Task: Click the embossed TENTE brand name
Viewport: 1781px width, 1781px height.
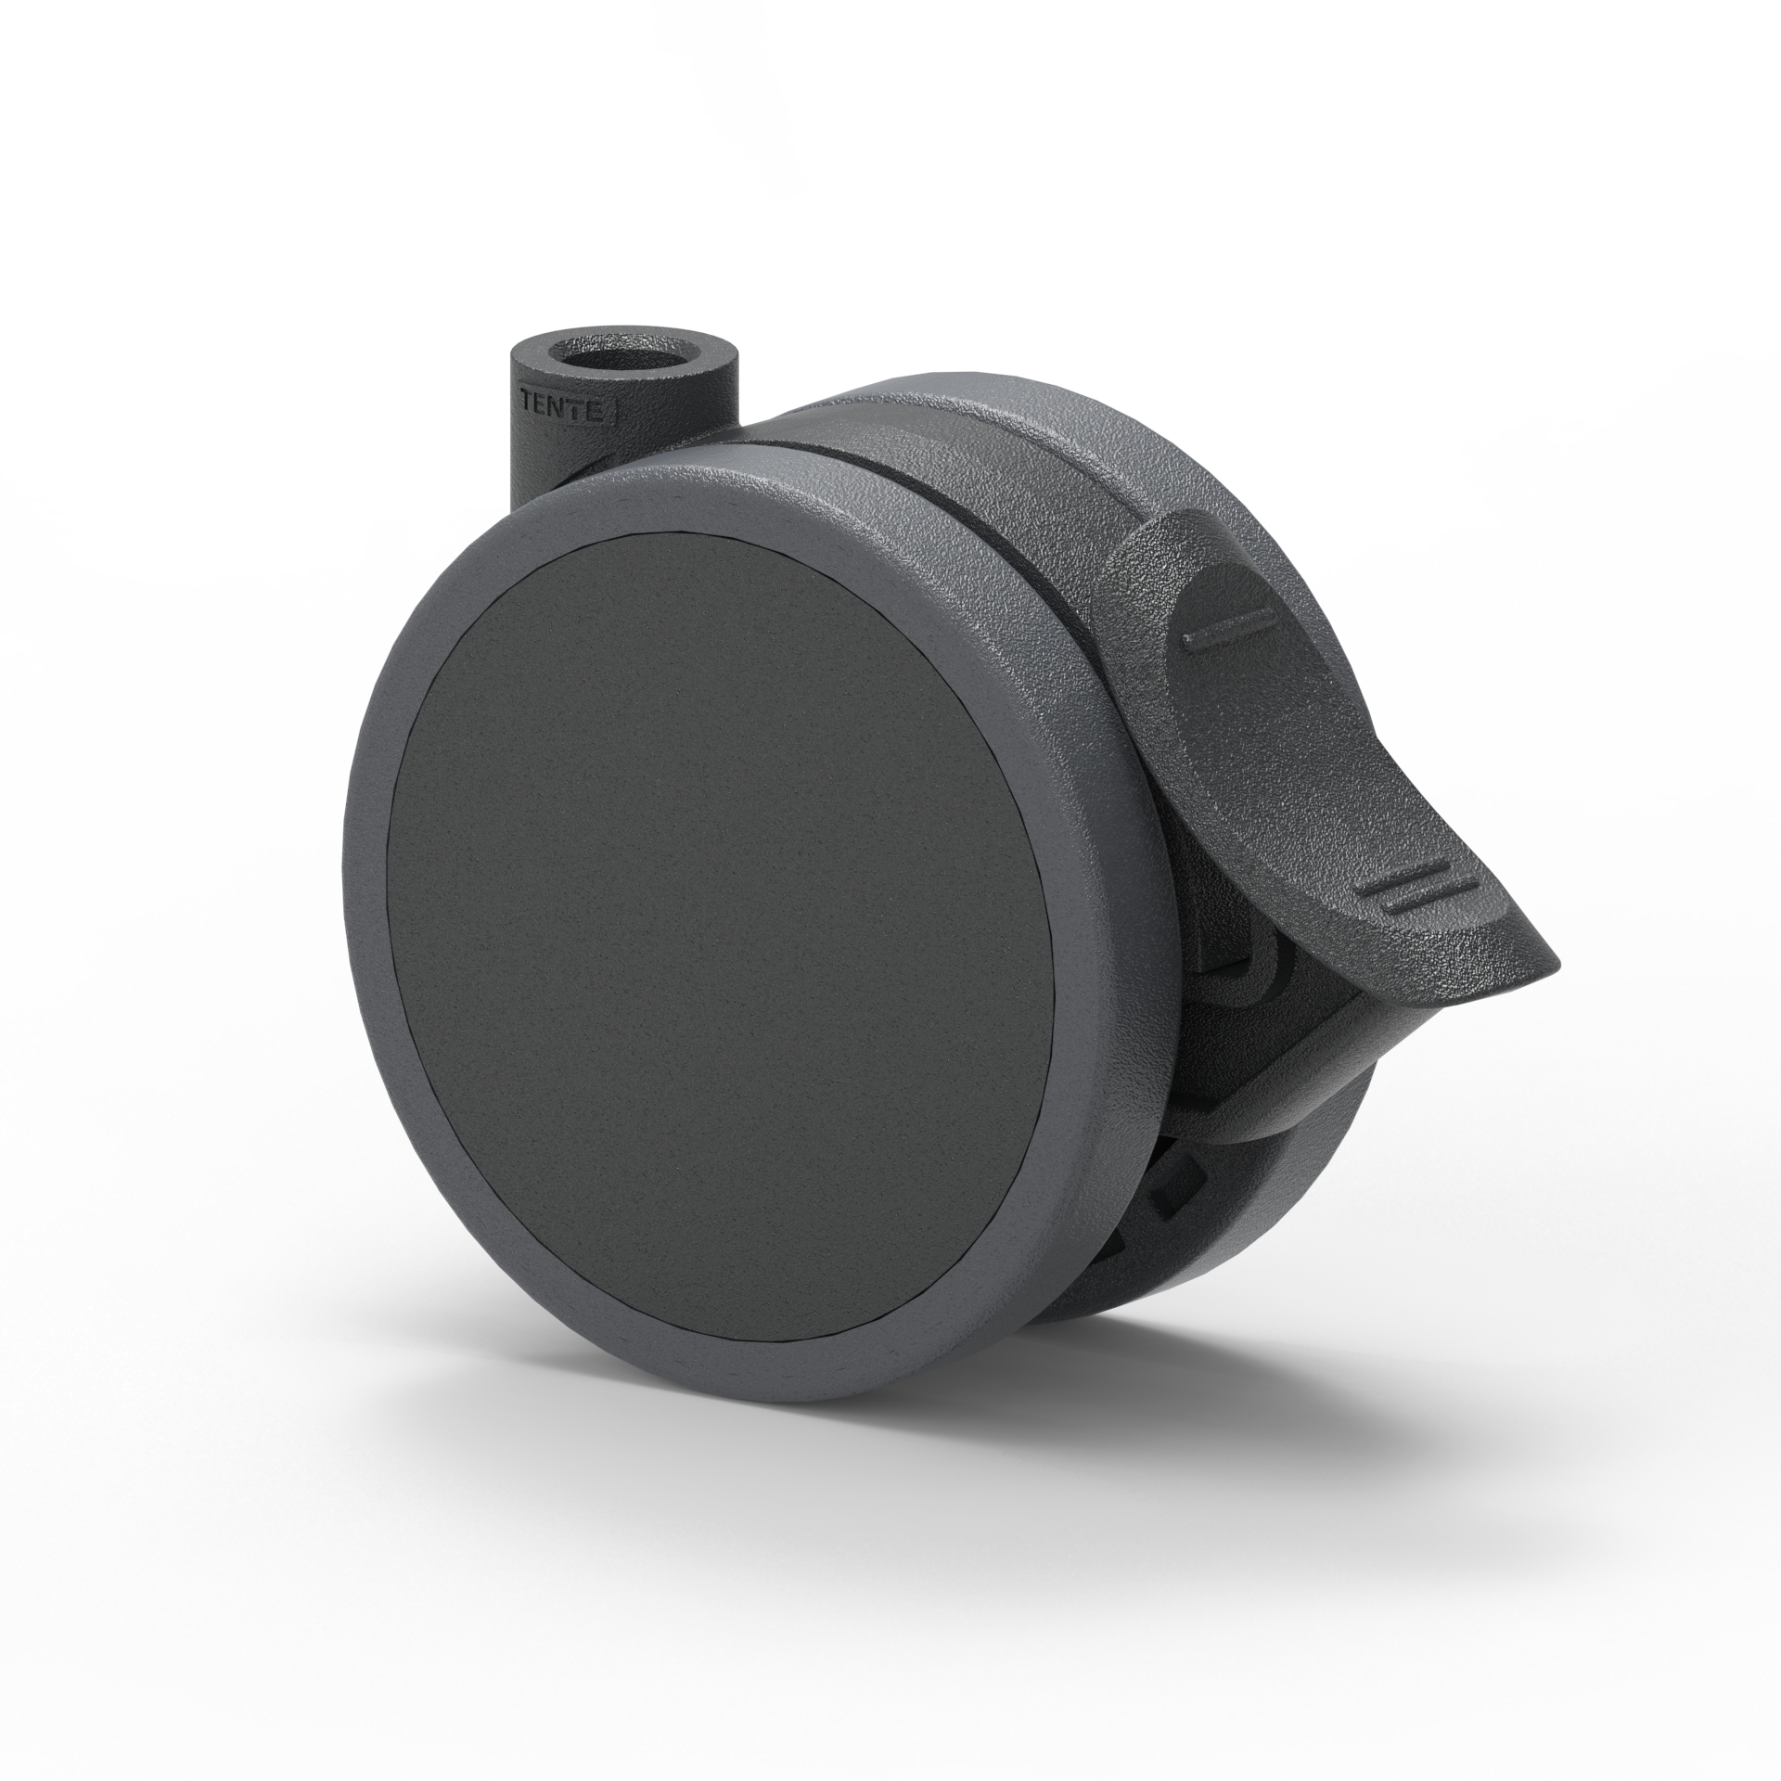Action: (565, 408)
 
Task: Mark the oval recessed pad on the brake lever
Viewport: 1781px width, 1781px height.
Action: (1262, 705)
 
